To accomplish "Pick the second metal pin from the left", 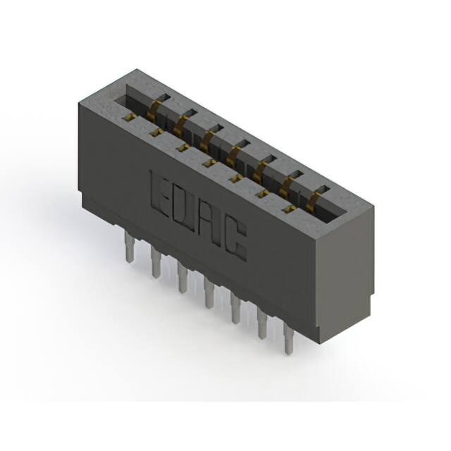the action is (x=156, y=262).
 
